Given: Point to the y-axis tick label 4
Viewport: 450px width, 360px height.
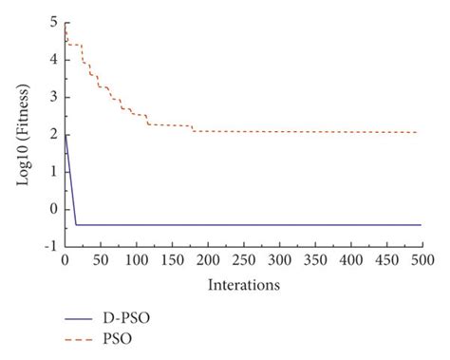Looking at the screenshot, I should coord(53,59).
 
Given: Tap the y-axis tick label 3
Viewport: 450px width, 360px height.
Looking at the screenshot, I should coord(53,97).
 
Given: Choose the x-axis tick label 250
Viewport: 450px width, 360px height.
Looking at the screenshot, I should coord(243,259).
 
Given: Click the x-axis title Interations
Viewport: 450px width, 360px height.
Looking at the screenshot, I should coord(243,283).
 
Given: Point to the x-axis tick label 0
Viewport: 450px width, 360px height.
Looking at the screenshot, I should coord(65,259).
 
